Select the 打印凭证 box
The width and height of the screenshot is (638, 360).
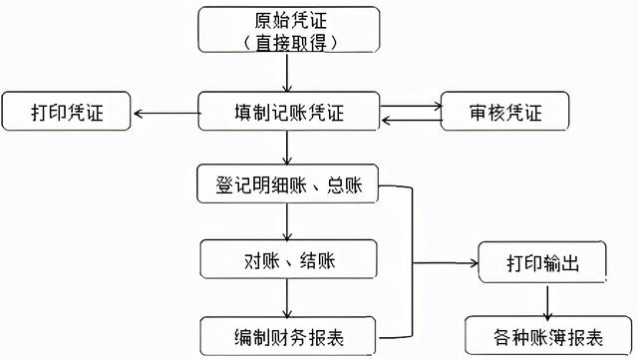coord(68,111)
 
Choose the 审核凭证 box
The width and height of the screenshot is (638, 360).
coord(505,111)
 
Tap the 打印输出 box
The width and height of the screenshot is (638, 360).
coord(543,263)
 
